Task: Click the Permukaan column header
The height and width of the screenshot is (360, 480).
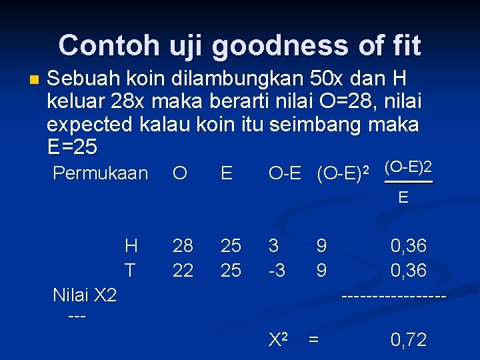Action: tap(100, 173)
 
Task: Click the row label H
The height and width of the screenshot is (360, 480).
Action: tap(131, 246)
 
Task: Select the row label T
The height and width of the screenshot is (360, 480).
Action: tap(130, 270)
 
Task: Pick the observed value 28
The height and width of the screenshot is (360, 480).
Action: tap(183, 246)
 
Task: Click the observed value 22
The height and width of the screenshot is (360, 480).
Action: tap(183, 270)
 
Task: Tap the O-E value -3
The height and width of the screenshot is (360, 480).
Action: tap(276, 270)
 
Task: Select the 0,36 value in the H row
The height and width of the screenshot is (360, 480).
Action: tap(408, 246)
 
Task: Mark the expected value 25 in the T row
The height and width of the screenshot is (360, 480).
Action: tap(231, 270)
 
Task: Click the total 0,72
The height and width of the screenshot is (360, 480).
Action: tap(408, 340)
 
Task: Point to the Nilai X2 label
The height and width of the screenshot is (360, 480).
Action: tap(85, 295)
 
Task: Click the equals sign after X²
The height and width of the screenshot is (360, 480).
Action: tap(313, 340)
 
